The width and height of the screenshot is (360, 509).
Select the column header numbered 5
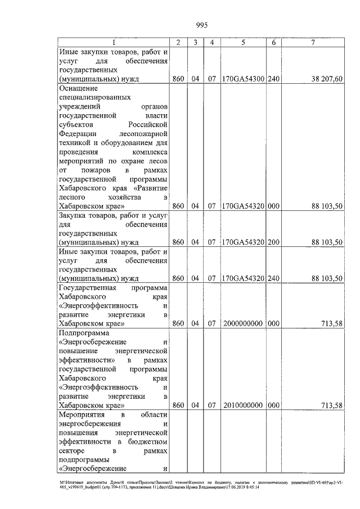[244, 43]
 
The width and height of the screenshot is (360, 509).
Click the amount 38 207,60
[323, 79]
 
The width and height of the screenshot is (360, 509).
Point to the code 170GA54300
[244, 79]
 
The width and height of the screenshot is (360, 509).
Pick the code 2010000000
[244, 406]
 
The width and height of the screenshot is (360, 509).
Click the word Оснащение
[78, 88]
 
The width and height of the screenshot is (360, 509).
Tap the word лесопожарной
[145, 133]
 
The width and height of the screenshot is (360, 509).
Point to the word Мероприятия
[83, 415]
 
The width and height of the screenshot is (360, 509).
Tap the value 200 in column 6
[273, 242]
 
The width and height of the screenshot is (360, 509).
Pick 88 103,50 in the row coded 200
[323, 242]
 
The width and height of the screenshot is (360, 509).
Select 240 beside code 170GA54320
[273, 278]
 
